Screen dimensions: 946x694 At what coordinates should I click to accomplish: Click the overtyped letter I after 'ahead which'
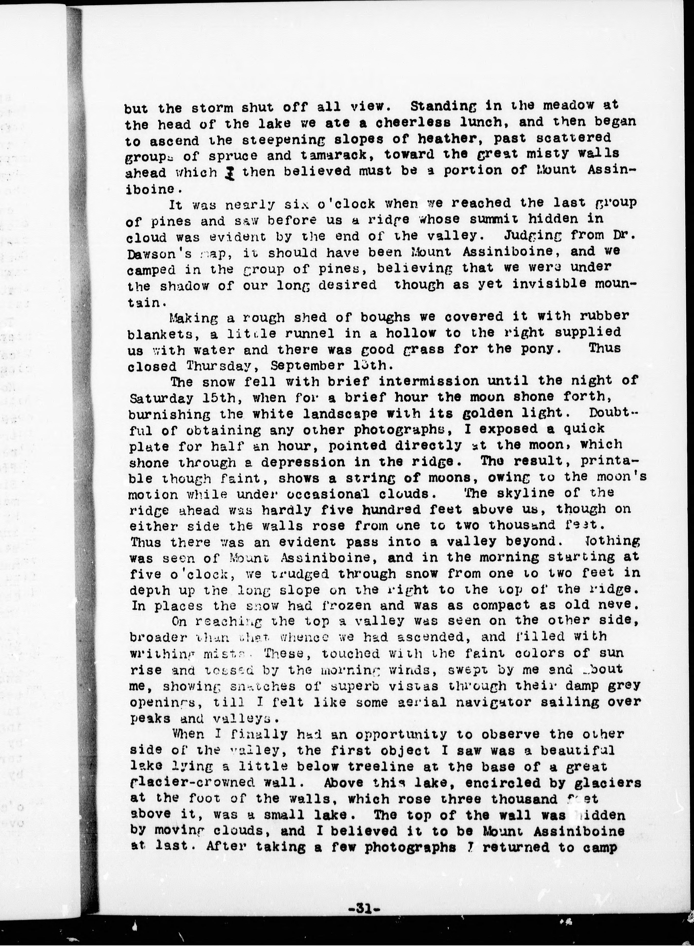click(230, 172)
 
